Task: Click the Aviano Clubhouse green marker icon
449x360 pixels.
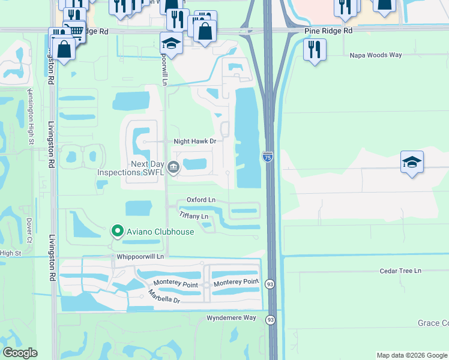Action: [118, 231]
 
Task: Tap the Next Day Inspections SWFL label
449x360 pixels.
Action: [131, 168]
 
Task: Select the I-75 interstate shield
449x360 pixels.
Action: [268, 157]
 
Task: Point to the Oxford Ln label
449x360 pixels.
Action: [200, 200]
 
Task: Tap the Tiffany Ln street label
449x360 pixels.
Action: [193, 215]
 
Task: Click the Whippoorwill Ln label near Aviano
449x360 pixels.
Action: [140, 256]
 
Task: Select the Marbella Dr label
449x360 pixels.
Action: [164, 296]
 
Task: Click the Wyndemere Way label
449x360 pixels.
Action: [231, 317]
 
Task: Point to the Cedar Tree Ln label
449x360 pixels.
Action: [400, 271]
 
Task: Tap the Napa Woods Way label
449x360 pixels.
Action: [376, 55]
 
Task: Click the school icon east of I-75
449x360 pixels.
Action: [412, 162]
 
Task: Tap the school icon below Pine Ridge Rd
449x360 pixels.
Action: [171, 43]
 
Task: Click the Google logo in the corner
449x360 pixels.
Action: [20, 353]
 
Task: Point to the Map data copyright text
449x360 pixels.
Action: [412, 355]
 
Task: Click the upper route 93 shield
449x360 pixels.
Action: [271, 284]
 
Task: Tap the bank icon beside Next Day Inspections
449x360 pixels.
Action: [173, 167]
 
